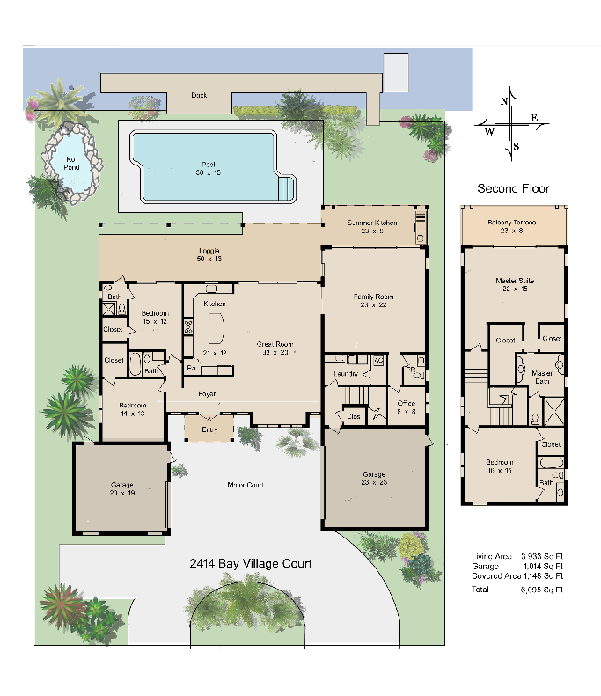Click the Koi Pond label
point(71,164)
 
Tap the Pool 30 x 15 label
point(209,168)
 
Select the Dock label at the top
point(199,95)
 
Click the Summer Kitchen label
point(372,223)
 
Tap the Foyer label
point(208,392)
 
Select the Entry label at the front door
point(209,429)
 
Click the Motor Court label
point(246,485)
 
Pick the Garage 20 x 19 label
point(121,488)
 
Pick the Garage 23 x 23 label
point(374,479)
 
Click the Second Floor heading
point(513,188)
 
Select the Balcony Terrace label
point(513,226)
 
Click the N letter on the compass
point(504,101)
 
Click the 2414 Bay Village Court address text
point(251,563)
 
